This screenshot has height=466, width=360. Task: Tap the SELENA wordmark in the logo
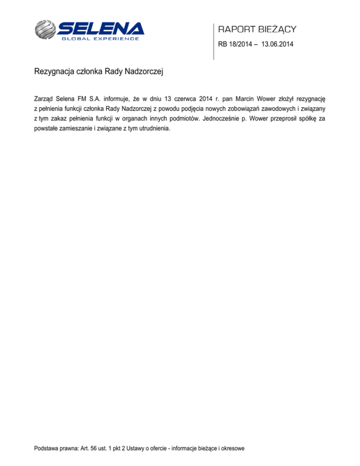101,28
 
